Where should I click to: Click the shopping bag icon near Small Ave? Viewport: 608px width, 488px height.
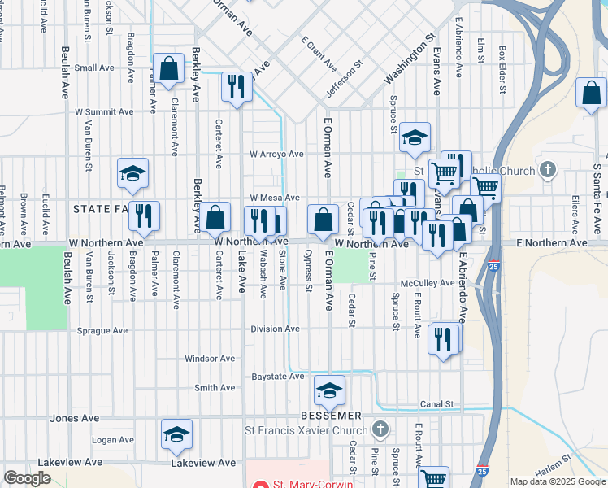[x=169, y=70]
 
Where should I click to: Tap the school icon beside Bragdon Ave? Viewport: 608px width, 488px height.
[x=132, y=173]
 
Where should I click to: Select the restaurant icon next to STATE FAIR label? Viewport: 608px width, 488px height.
[x=144, y=216]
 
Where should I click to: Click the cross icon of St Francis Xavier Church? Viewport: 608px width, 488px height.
[x=380, y=429]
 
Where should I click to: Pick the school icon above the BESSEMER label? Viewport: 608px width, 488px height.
[x=329, y=391]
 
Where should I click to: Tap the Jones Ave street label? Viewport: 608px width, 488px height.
[x=75, y=418]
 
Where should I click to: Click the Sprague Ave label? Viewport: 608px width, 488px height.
[x=102, y=331]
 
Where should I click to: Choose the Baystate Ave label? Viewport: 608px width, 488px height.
[x=277, y=377]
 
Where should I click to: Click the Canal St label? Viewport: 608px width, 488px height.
[x=436, y=404]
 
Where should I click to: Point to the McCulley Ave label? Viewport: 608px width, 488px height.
[x=427, y=283]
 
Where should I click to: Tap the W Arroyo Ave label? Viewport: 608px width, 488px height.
[x=276, y=154]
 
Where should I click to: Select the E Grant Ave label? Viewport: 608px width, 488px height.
[x=319, y=54]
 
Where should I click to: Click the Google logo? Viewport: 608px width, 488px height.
[x=28, y=478]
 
